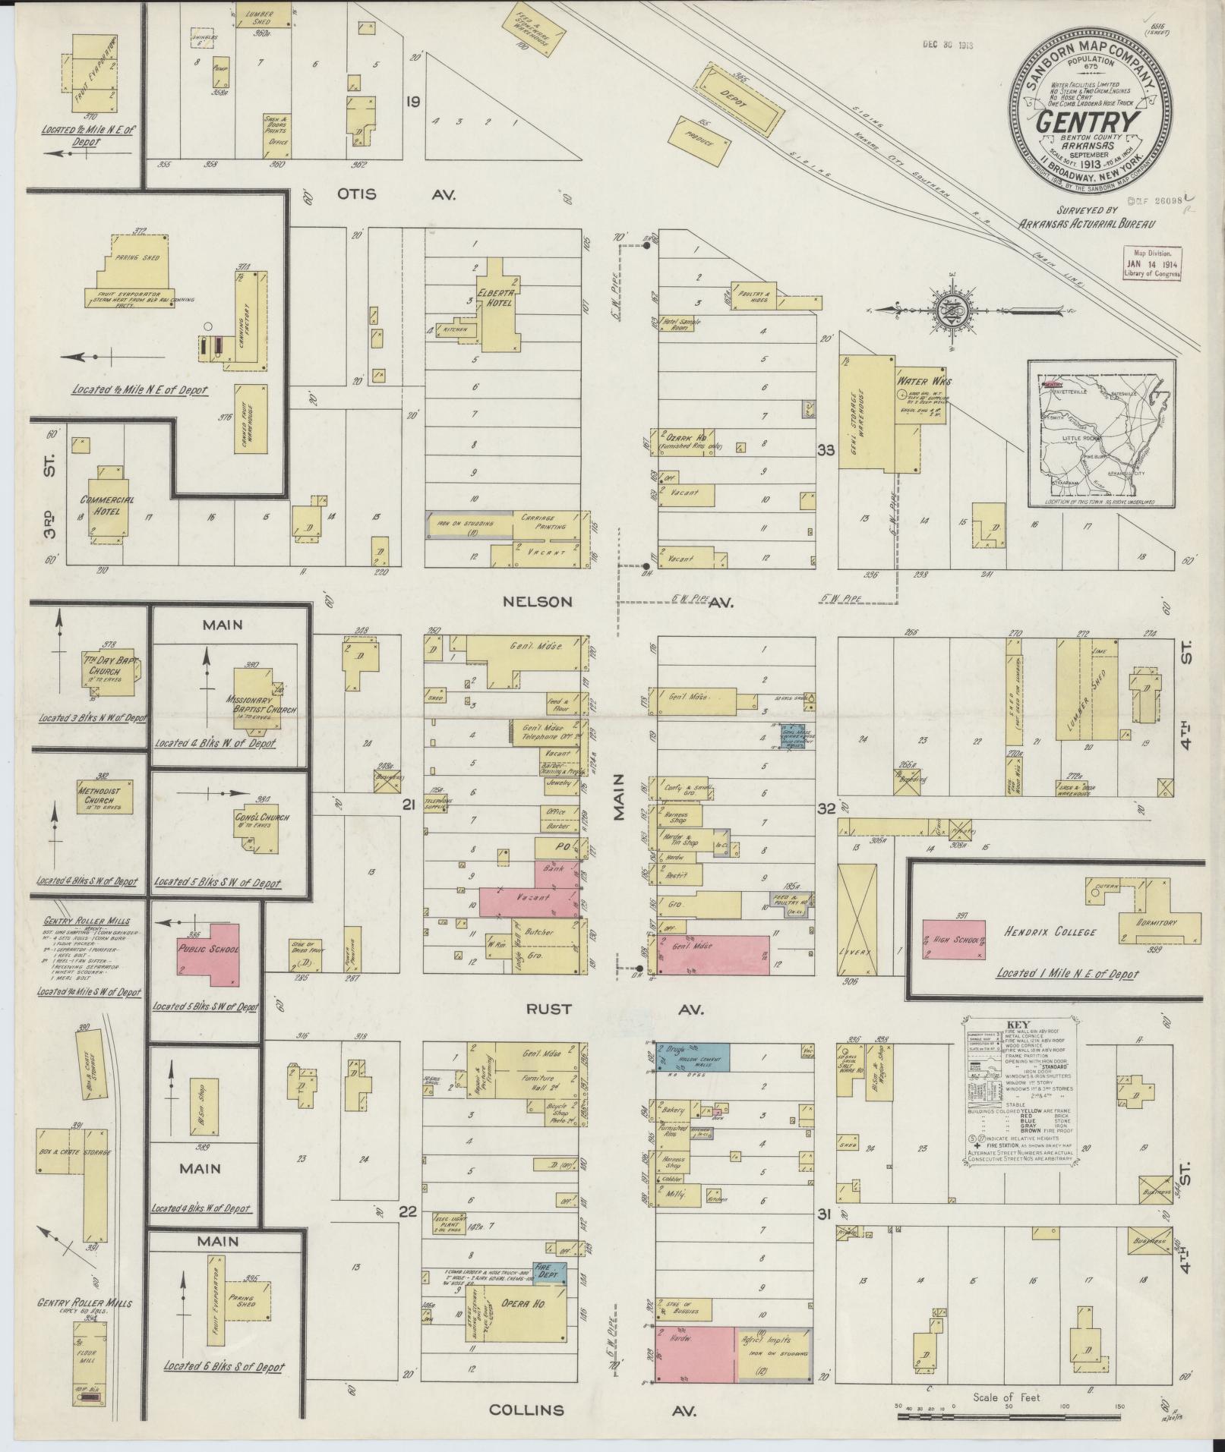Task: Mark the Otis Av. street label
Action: (396, 195)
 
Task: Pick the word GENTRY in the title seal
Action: (1088, 123)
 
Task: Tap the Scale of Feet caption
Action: (1006, 1397)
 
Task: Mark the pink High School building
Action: (953, 941)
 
